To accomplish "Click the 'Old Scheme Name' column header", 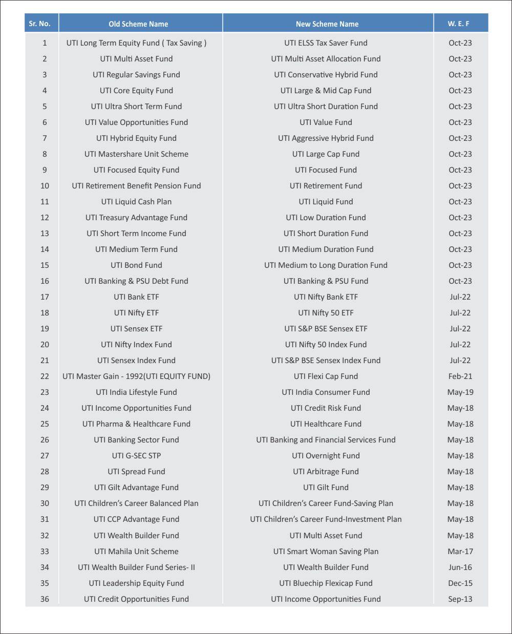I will pos(138,24).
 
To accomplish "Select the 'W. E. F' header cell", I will pos(459,24).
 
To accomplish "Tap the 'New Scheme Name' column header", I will pos(327,24).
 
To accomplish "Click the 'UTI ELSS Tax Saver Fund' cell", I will pos(326,43).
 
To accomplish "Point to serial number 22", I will pos(45,376).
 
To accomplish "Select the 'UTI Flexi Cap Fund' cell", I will pos(326,376).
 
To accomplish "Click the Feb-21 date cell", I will pos(460,376).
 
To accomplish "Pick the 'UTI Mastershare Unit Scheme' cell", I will pos(136,154).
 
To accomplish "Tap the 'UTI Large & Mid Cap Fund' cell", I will pos(326,91).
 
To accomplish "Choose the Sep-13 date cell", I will pos(460,599).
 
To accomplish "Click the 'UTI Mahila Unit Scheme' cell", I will pos(136,552).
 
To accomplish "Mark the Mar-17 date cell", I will pos(460,552).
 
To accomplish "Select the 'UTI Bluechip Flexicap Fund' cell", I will pos(326,583).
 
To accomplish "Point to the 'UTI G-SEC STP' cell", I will pos(136,456).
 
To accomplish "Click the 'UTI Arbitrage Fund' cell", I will pos(326,472).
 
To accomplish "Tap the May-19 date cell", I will pos(460,392).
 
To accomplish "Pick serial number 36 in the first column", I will pos(45,599).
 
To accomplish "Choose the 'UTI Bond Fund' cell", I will pos(136,265).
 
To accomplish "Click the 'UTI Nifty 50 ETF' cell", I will pos(326,313).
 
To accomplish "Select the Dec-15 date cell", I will pos(460,583).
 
